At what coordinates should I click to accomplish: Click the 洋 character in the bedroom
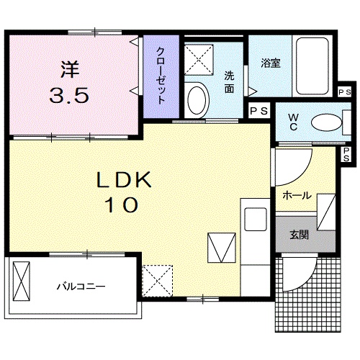[70, 71]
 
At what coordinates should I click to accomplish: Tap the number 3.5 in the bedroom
[70, 95]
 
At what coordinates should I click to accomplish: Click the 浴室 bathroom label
[271, 63]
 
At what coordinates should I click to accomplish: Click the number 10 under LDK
[122, 205]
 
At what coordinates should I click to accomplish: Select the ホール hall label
[297, 195]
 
